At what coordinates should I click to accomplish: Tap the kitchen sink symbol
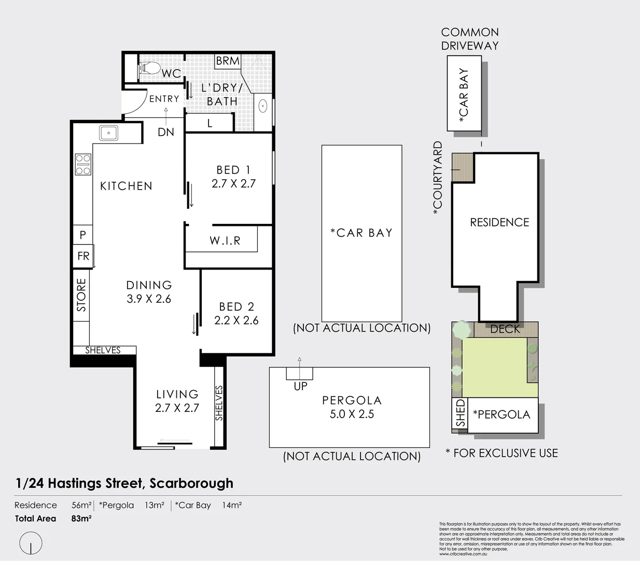(108, 133)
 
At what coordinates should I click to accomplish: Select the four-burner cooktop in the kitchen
(84, 164)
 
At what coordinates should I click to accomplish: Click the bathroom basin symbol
(263, 106)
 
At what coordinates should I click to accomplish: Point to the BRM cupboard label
(228, 61)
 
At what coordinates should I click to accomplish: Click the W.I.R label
(225, 241)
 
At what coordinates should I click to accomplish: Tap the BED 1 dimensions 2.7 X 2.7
(233, 183)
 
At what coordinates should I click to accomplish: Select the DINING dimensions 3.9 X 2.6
(149, 299)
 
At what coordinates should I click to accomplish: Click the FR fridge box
(83, 256)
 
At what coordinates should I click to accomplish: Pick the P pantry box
(82, 235)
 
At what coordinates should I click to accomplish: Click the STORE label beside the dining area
(81, 295)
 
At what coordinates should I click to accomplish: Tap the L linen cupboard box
(210, 124)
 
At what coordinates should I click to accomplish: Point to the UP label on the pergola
(300, 386)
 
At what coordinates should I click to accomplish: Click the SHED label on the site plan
(460, 415)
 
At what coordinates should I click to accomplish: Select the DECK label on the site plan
(505, 329)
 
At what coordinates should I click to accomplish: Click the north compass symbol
(31, 543)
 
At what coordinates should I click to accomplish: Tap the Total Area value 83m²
(81, 518)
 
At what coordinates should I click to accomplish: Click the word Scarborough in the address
(191, 483)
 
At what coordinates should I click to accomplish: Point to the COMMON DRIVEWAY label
(470, 39)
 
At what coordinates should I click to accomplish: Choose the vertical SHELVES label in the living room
(219, 403)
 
